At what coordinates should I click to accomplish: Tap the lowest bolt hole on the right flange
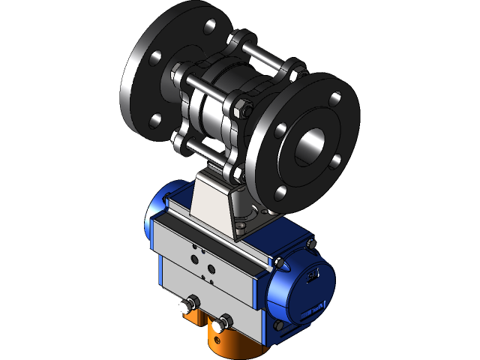280,193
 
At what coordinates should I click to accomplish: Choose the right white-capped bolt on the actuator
220,325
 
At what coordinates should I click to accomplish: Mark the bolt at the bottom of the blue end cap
279,325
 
